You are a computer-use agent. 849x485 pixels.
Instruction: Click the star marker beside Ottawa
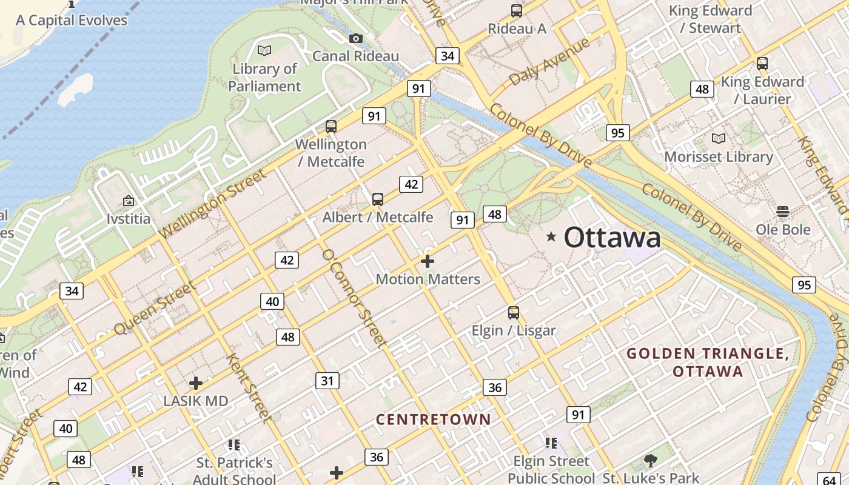click(x=551, y=236)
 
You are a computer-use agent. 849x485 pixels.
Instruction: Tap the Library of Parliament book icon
click(x=264, y=50)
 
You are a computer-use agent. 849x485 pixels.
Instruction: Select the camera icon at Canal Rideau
click(x=356, y=39)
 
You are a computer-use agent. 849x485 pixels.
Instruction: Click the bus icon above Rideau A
click(x=517, y=10)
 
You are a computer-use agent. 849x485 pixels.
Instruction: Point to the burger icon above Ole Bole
click(x=783, y=212)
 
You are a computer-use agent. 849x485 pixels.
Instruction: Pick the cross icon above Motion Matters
click(x=428, y=261)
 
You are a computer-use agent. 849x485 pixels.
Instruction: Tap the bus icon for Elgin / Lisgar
click(x=514, y=313)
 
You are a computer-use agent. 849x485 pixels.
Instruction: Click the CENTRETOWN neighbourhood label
click(x=433, y=420)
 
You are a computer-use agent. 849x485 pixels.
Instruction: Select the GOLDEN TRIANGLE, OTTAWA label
click(x=708, y=362)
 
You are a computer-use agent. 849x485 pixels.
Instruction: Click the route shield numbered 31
click(x=327, y=381)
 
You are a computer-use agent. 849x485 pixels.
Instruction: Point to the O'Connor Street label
click(x=354, y=298)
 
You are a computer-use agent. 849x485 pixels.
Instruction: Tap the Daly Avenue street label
click(x=549, y=62)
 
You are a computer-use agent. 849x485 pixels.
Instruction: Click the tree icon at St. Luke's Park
click(x=651, y=461)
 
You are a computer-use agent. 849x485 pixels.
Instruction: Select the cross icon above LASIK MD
click(x=195, y=383)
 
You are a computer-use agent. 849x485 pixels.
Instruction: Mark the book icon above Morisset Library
click(x=719, y=139)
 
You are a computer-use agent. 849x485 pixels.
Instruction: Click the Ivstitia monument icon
click(x=129, y=201)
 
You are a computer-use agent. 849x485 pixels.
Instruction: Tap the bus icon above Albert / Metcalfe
click(x=378, y=199)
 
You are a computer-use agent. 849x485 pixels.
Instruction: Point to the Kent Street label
click(x=249, y=386)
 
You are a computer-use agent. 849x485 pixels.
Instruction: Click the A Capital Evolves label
click(x=72, y=20)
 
